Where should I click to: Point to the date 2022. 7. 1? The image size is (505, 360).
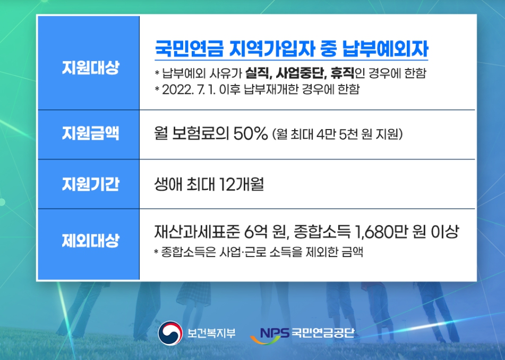point(185,89)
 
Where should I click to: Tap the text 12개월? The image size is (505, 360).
point(242,185)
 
